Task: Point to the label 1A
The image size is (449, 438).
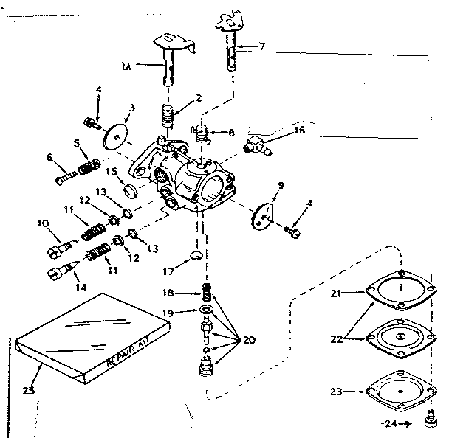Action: coord(127,66)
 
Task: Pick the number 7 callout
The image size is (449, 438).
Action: coord(261,46)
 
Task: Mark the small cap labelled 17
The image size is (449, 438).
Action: coord(194,256)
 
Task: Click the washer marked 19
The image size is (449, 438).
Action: coord(208,307)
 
